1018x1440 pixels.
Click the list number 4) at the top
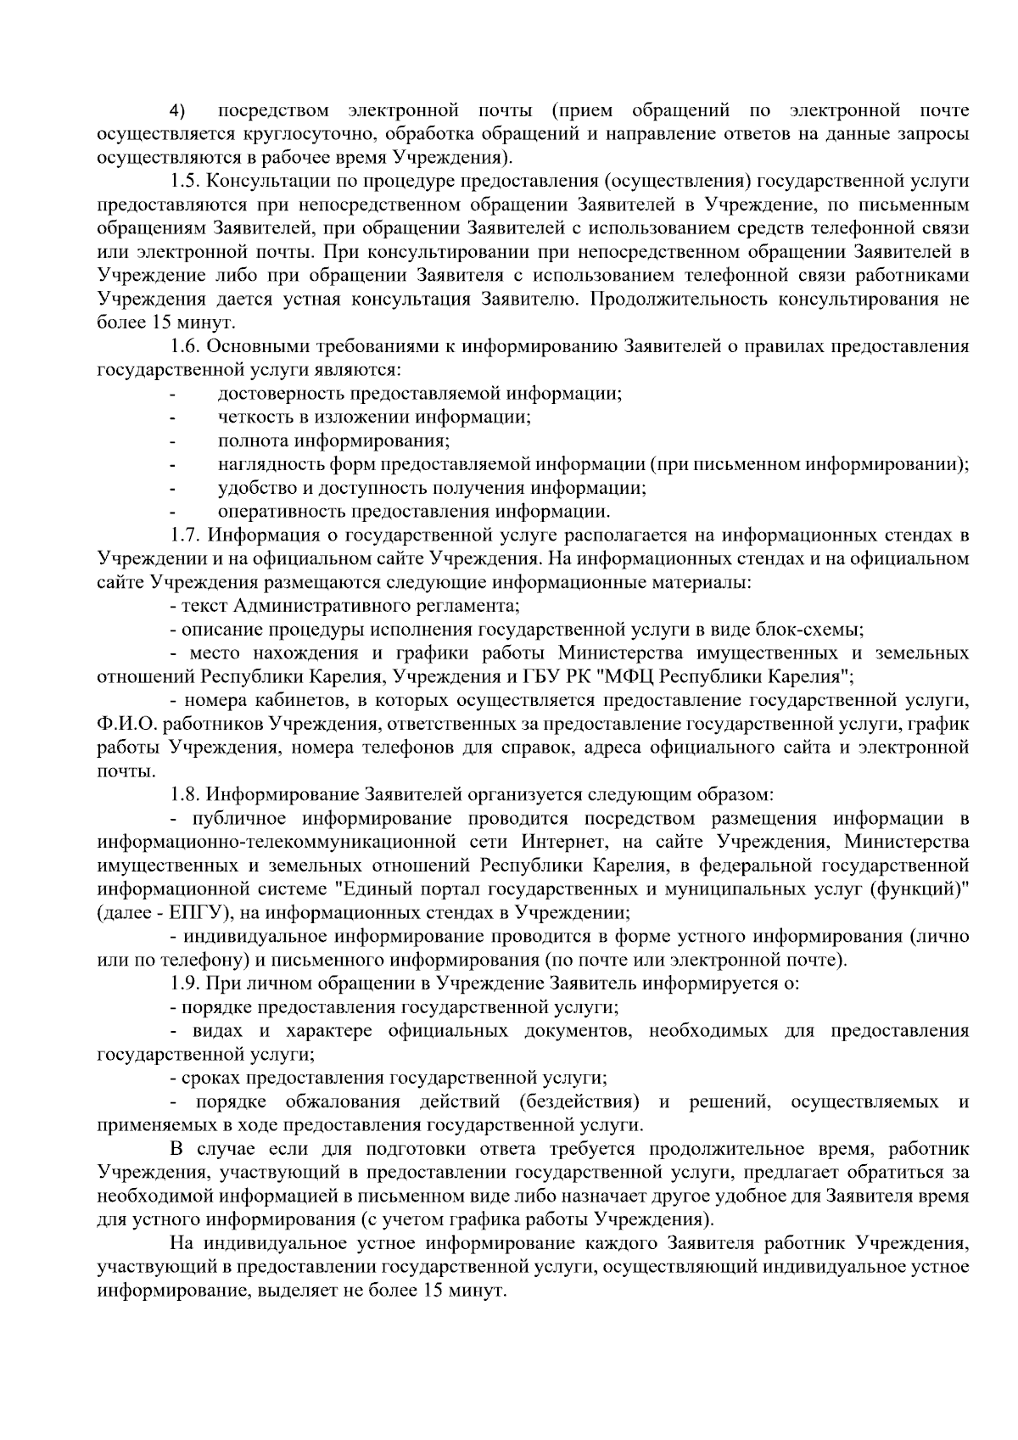(x=177, y=111)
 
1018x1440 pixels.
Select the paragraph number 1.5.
(x=186, y=182)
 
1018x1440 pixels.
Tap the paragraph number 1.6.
(x=186, y=346)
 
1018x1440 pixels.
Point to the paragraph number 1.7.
(x=186, y=535)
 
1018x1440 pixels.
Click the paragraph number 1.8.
(x=186, y=795)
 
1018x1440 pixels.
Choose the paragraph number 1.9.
(x=186, y=984)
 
